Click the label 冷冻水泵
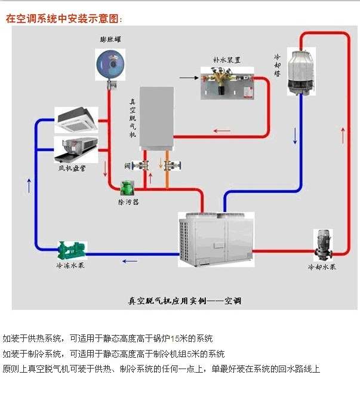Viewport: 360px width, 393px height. click(69, 265)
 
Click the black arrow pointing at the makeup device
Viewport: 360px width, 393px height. click(189, 77)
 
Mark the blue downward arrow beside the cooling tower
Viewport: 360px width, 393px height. click(294, 136)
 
